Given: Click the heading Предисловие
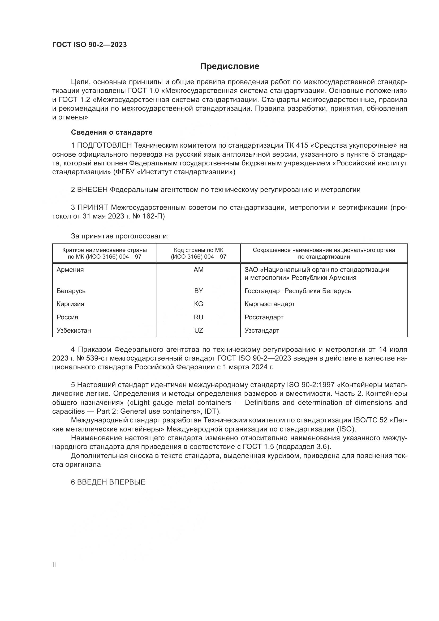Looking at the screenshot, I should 230,66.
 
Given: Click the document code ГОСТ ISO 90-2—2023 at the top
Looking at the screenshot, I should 89,45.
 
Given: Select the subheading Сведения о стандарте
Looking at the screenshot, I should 112,132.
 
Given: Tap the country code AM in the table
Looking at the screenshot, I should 199,270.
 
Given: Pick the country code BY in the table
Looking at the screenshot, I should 199,291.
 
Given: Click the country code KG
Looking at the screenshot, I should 199,304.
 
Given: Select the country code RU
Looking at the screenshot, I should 199,317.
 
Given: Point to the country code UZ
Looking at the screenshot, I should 199,331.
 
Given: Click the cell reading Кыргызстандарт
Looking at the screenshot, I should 269,304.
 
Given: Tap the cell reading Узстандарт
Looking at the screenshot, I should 262,331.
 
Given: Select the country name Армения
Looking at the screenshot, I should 70,270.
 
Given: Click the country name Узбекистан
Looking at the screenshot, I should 74,331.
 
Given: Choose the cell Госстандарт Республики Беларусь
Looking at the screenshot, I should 298,291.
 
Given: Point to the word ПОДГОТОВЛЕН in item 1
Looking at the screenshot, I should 104,145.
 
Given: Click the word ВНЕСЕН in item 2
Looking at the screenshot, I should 92,190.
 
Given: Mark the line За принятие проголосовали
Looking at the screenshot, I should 120,236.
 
